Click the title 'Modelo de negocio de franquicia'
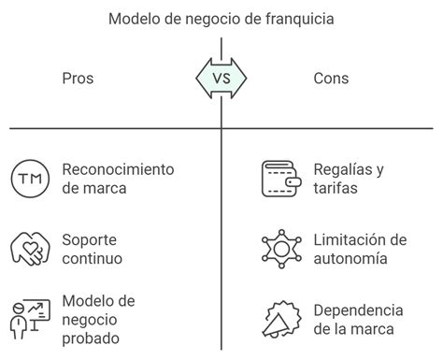pos(221,18)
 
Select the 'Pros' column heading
pos(78,78)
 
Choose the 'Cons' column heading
pos(331,78)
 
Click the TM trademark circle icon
pos(29,179)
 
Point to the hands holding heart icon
pos(29,248)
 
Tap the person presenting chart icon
pos(29,317)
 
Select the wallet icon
pos(279,179)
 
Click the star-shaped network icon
pos(279,248)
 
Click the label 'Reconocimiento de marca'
pos(118,179)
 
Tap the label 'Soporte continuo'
pos(93,248)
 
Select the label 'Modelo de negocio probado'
pos(98,318)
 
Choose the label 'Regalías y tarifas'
pos(349,179)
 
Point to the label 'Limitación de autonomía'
pos(360,248)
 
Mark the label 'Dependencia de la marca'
pos(358,318)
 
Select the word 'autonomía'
pos(352,257)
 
